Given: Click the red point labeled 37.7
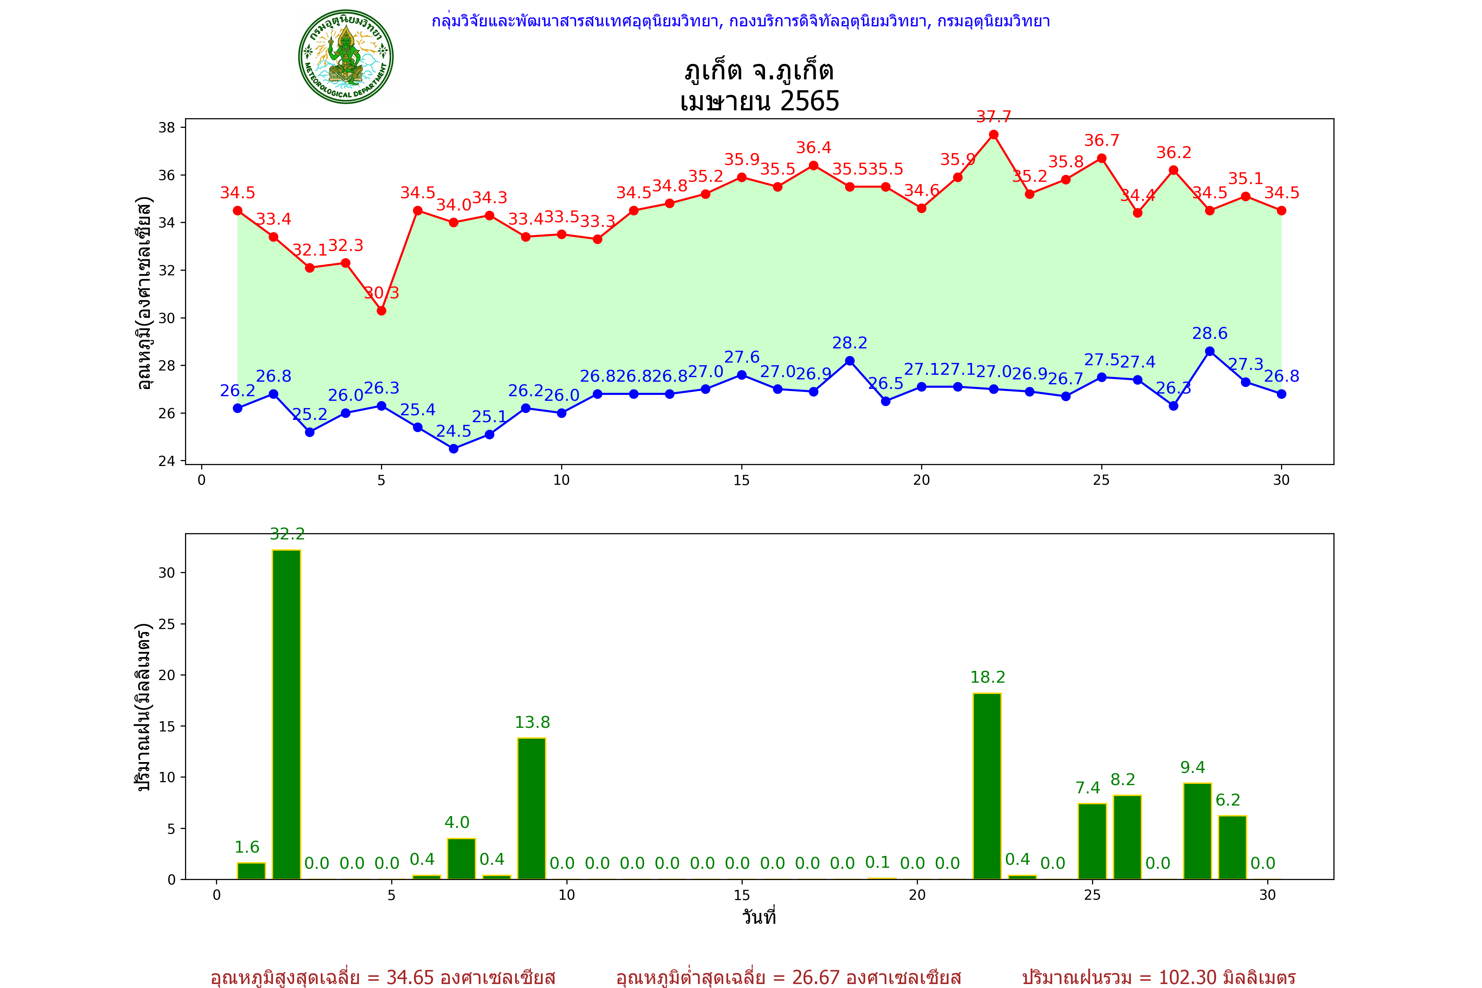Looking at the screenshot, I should tap(994, 135).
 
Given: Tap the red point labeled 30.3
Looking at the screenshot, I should tap(381, 311).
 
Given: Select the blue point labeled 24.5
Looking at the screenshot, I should tap(454, 449).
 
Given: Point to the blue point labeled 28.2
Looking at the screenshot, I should tap(850, 361).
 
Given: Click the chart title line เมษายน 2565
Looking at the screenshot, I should tap(759, 101).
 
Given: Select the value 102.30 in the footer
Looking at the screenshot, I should tap(1188, 977).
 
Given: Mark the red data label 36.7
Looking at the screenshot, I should tap(1101, 141).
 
